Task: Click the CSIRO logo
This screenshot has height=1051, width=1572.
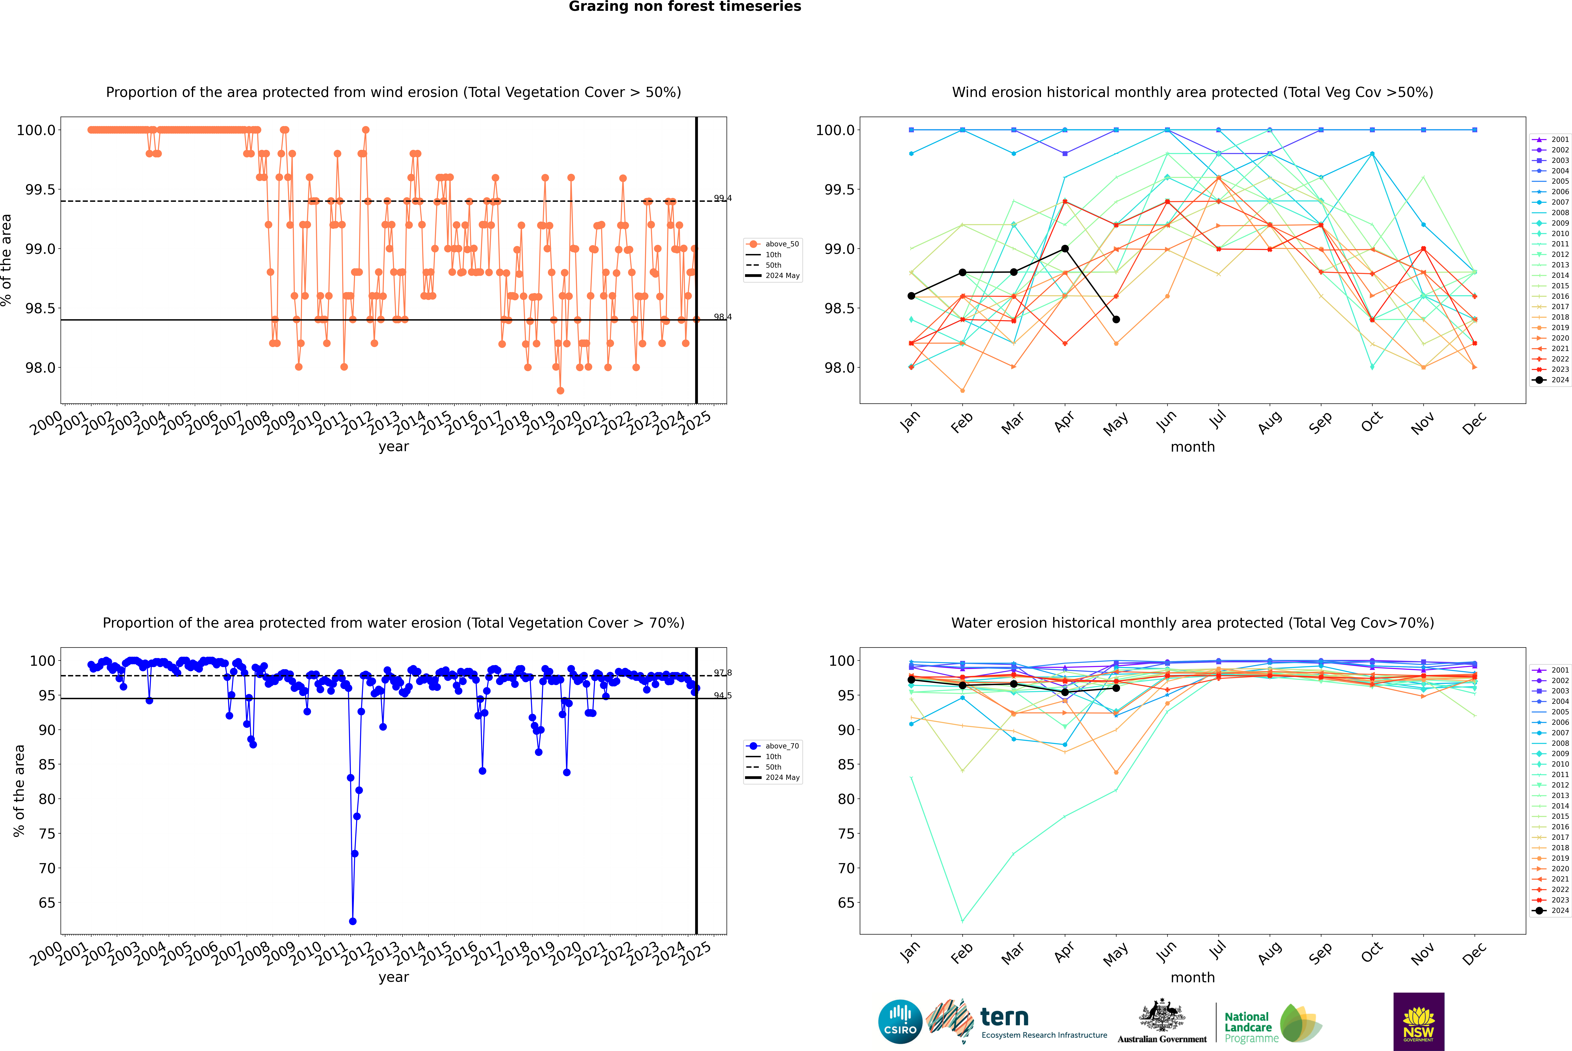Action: (x=900, y=1022)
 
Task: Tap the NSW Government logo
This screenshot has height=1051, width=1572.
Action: (x=1419, y=1022)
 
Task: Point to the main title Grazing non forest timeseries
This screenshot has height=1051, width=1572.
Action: (x=685, y=7)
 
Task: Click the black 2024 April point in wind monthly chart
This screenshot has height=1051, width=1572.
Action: (x=1065, y=249)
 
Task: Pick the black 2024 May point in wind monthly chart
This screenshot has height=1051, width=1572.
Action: (x=1116, y=320)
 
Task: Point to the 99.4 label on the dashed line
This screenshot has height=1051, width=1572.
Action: (x=722, y=198)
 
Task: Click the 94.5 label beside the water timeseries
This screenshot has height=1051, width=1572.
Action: (x=722, y=696)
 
